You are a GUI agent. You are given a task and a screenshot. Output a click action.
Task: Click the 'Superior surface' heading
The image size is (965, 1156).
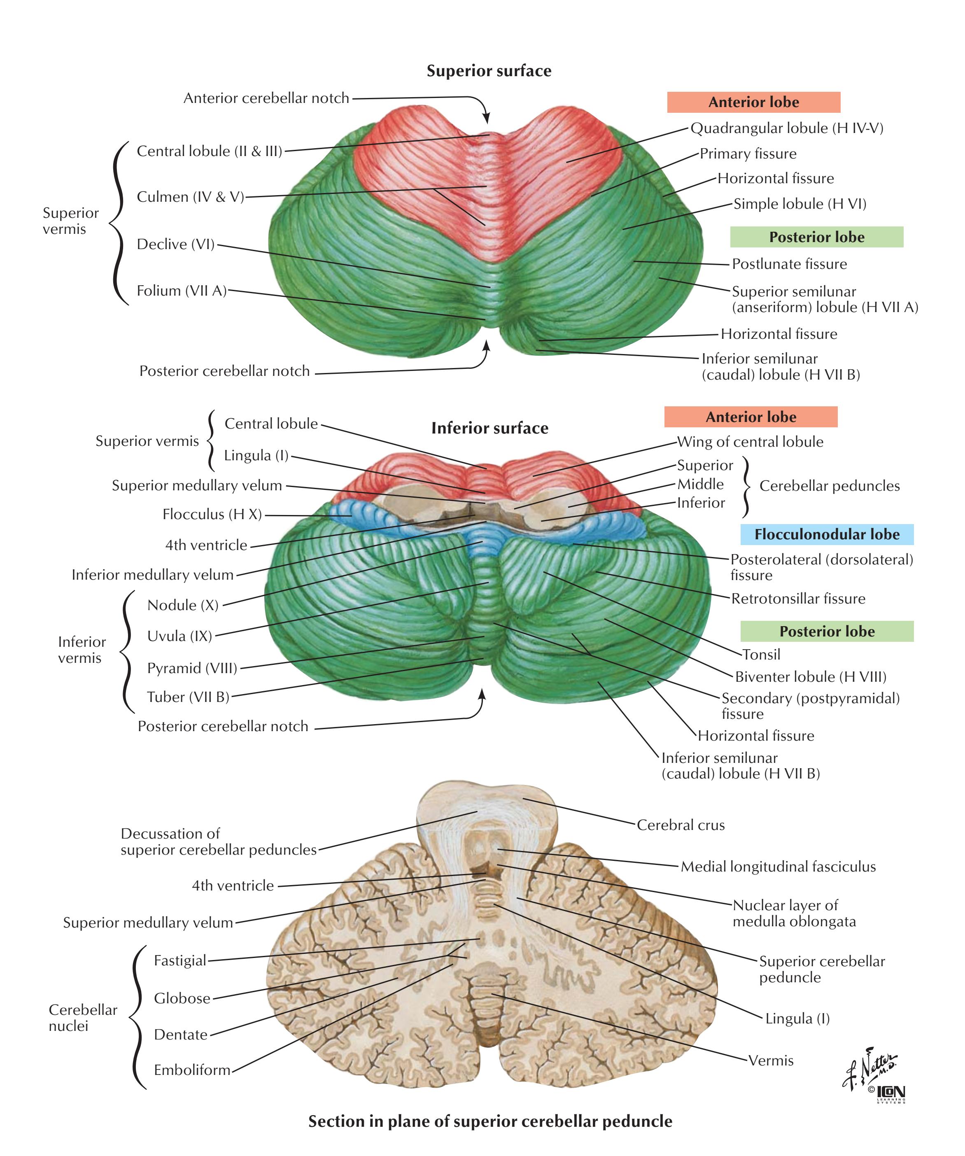click(489, 71)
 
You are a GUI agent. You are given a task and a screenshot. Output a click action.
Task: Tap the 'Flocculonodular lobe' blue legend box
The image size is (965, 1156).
click(826, 534)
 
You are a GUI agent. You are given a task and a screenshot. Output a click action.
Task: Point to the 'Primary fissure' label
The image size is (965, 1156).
click(748, 154)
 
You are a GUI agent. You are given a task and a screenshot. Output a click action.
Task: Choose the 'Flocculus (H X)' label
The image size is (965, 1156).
click(212, 514)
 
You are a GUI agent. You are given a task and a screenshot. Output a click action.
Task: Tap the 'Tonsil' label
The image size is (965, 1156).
click(761, 654)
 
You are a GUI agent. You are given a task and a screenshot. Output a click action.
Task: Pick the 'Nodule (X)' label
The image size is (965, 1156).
click(183, 605)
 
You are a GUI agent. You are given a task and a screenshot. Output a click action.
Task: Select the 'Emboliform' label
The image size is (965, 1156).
click(191, 1070)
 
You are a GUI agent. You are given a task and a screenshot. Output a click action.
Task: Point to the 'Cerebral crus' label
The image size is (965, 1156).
click(681, 825)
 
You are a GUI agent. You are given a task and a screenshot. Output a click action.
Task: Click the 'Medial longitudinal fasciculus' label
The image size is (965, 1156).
click(778, 867)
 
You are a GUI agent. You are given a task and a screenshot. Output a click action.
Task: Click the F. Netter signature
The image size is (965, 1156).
click(870, 1071)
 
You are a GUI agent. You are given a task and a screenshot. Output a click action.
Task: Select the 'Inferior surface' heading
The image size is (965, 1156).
click(489, 428)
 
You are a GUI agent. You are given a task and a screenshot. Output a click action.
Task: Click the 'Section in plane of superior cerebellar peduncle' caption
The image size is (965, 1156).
click(490, 1121)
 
